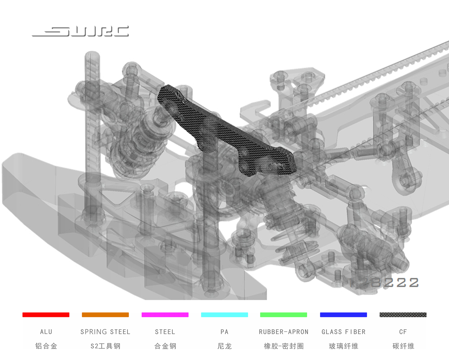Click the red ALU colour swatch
(x=46, y=315)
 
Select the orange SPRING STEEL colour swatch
(x=105, y=315)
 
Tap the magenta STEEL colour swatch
(x=165, y=315)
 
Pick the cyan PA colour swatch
(x=224, y=315)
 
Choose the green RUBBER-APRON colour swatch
(x=283, y=315)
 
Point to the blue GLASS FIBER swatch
(x=343, y=315)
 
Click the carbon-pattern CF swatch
(x=403, y=315)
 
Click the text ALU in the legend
(x=46, y=332)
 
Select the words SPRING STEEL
(x=105, y=332)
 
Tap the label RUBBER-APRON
(x=283, y=332)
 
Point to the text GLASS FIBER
(x=343, y=332)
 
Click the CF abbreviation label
(x=403, y=332)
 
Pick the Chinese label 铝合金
(x=46, y=346)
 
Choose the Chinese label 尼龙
(x=224, y=346)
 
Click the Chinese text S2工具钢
(x=105, y=346)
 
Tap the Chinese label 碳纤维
(x=403, y=346)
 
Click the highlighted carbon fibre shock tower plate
(x=224, y=132)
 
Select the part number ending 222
(x=386, y=282)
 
